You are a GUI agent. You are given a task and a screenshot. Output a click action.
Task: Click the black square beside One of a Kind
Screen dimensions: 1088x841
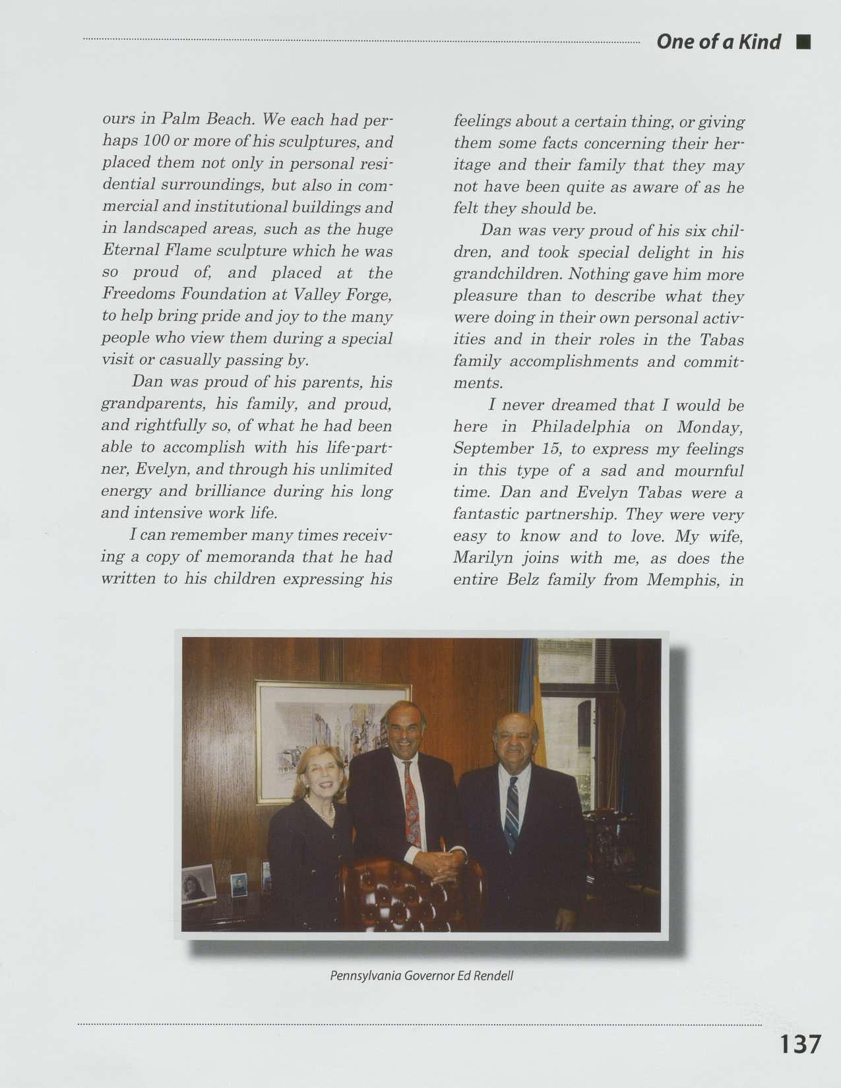[803, 43]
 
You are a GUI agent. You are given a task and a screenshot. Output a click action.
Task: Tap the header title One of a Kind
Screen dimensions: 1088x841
[718, 42]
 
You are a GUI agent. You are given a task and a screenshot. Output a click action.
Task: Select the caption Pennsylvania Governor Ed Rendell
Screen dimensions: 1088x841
[421, 975]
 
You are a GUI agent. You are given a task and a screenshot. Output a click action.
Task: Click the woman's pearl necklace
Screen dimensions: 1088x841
[321, 810]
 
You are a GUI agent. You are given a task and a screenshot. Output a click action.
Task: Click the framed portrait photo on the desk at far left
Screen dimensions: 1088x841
[198, 884]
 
